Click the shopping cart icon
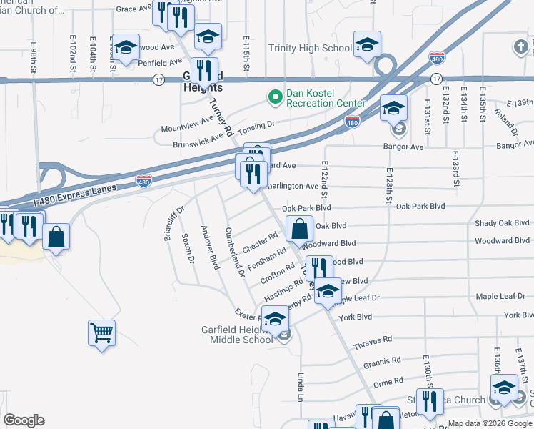click(101, 332)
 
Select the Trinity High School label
click(310, 49)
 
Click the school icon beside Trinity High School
click(366, 44)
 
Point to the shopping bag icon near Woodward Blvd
click(299, 229)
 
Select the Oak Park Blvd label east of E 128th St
click(420, 207)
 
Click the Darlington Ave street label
click(293, 186)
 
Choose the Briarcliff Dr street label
click(175, 223)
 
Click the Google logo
click(24, 420)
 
